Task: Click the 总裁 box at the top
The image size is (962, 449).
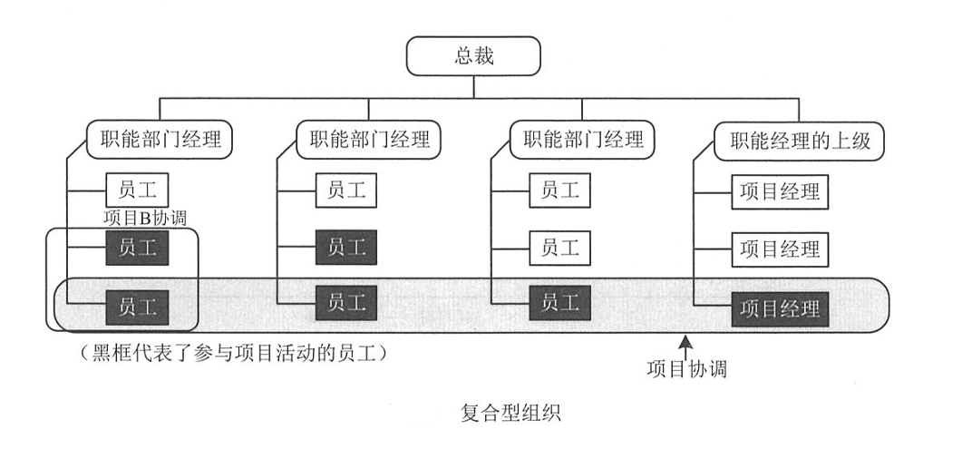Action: (474, 57)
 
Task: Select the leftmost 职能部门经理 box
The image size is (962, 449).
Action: (160, 140)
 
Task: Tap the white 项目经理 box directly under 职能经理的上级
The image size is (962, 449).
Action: (779, 192)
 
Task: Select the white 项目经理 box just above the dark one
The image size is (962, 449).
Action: (779, 248)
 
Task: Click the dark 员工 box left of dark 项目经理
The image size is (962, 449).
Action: (560, 303)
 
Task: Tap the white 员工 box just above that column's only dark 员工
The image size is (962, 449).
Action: (560, 247)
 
